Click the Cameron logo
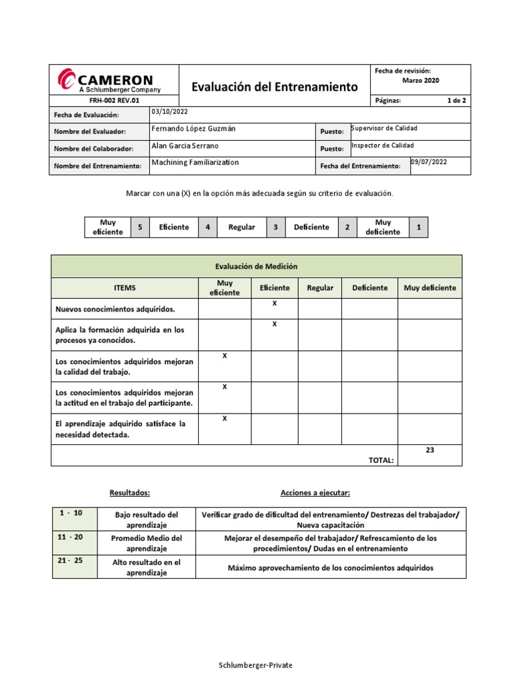(x=107, y=80)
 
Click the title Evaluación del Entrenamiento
(x=275, y=87)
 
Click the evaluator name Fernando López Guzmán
(x=193, y=128)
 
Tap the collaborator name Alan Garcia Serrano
(x=185, y=145)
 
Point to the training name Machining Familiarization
(x=195, y=162)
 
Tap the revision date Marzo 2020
(x=421, y=81)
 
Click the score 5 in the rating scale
(x=140, y=227)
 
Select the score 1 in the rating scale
(x=419, y=227)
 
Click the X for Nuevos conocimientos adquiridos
(x=274, y=303)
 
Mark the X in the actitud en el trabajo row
(x=225, y=387)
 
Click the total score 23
(x=429, y=450)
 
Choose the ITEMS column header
(x=125, y=288)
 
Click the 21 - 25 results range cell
(x=70, y=561)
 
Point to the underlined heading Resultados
(x=129, y=493)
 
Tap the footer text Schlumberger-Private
(x=256, y=665)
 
